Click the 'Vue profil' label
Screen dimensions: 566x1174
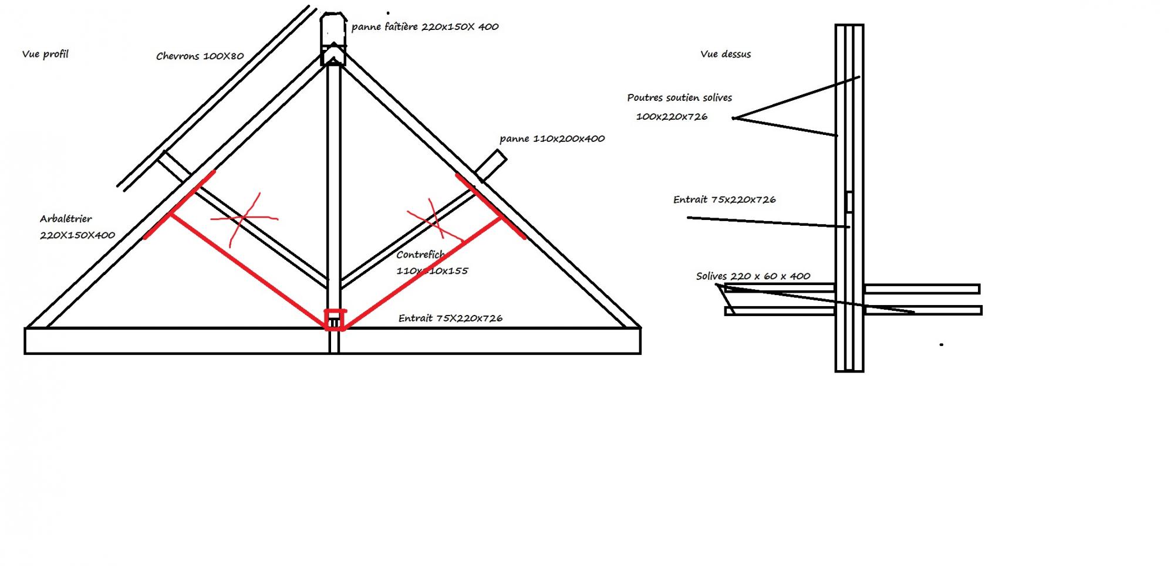45,54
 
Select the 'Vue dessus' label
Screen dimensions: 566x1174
726,54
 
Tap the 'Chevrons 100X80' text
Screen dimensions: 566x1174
200,56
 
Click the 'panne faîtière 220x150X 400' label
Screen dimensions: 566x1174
425,27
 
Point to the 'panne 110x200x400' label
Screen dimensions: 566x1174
552,139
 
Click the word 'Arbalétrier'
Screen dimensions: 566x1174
66,219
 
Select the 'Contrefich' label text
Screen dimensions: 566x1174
420,255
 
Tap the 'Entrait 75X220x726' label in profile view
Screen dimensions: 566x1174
450,318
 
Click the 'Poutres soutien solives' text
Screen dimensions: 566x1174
679,98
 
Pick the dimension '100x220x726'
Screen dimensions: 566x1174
672,117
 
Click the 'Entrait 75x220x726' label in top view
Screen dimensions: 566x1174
724,200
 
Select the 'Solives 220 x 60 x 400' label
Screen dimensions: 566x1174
753,276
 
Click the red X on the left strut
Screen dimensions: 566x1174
244,219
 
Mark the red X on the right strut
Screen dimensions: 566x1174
434,222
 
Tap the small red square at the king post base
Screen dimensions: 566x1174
335,320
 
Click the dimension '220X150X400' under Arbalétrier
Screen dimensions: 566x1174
77,235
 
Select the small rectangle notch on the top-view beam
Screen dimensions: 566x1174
849,202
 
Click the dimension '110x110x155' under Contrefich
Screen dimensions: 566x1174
432,271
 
